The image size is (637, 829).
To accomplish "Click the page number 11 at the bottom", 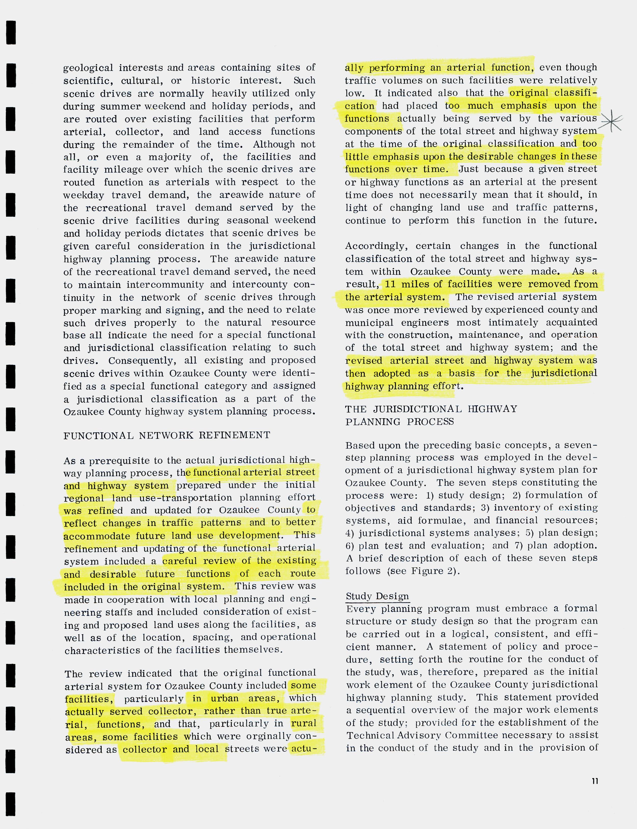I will click(x=594, y=781).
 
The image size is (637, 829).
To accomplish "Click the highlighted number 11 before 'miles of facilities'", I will click(x=390, y=284).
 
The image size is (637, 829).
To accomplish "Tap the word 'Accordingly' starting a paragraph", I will click(x=376, y=246).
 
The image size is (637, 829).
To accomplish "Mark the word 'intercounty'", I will click(x=259, y=285).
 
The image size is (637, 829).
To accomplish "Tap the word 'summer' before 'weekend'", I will click(x=120, y=106).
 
